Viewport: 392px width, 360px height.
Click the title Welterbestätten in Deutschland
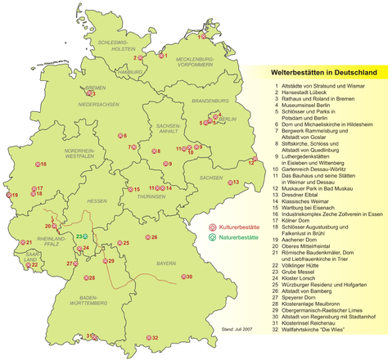click(x=322, y=73)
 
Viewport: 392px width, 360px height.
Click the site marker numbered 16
click(x=35, y=164)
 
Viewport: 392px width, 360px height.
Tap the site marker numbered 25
click(x=119, y=243)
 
